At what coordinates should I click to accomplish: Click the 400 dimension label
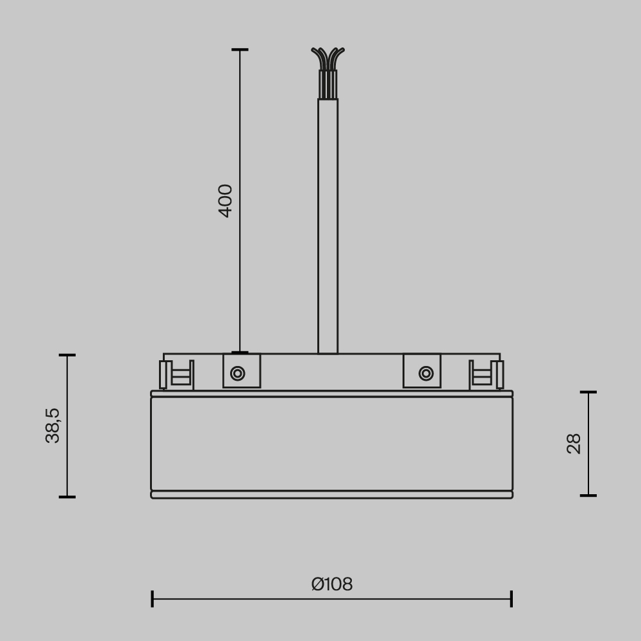tap(226, 201)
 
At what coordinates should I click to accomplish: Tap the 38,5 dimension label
tap(53, 426)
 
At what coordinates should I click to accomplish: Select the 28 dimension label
tap(574, 444)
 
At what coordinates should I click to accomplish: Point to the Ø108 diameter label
tap(332, 585)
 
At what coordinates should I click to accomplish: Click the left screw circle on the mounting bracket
tap(238, 373)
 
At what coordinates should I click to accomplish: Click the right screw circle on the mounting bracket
tap(426, 373)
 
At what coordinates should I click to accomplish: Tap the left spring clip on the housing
tap(176, 375)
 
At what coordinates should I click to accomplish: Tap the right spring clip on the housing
tap(487, 375)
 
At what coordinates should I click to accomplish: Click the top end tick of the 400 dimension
tap(240, 49)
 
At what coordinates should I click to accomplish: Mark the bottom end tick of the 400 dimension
tap(240, 353)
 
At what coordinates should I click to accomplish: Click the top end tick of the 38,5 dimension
tap(67, 355)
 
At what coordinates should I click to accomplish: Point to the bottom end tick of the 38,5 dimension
tap(67, 497)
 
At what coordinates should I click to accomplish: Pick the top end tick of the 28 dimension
tap(588, 392)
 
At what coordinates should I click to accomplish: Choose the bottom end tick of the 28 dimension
tap(588, 495)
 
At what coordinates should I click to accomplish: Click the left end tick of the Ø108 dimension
tap(153, 599)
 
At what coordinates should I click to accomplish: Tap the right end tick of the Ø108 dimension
tap(512, 599)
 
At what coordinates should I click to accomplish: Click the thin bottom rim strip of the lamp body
tap(332, 495)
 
